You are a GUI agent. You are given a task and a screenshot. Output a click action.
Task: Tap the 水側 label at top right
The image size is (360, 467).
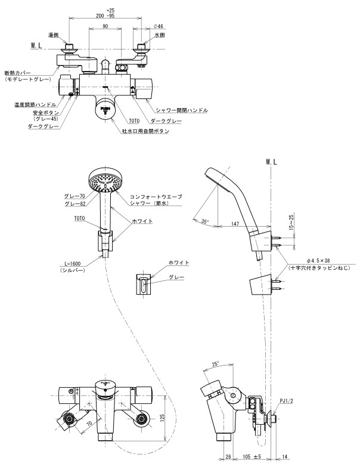(159, 35)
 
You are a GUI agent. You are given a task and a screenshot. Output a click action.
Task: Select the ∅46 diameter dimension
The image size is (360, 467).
(159, 27)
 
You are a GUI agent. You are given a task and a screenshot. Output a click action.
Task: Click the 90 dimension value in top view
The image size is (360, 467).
(105, 27)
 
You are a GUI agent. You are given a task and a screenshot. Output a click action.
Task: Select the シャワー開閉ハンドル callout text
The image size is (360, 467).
(181, 110)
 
